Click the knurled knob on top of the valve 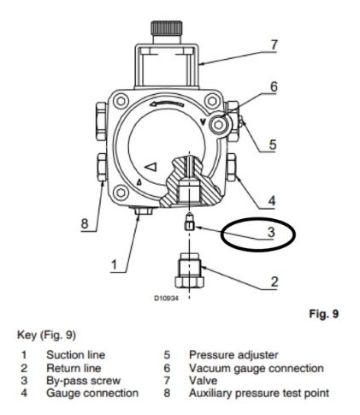tap(167, 27)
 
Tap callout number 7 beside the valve tap(274, 44)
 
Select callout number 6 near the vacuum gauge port tap(274, 86)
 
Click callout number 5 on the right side tap(273, 145)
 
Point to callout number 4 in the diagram tap(272, 201)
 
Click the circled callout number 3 tap(271, 232)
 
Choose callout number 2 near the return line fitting tap(274, 282)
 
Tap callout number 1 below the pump tap(114, 265)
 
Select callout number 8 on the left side tap(85, 223)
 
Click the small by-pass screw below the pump tap(190, 222)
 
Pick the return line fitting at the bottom tap(189, 270)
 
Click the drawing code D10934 tap(167, 299)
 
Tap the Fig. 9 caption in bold tap(324, 314)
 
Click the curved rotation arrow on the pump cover tap(167, 104)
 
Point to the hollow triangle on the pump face tap(151, 167)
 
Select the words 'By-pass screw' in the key tap(84, 381)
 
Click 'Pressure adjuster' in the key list tap(233, 355)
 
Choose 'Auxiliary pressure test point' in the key tap(259, 393)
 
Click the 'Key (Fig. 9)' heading tap(46, 335)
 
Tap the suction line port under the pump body tap(144, 210)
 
